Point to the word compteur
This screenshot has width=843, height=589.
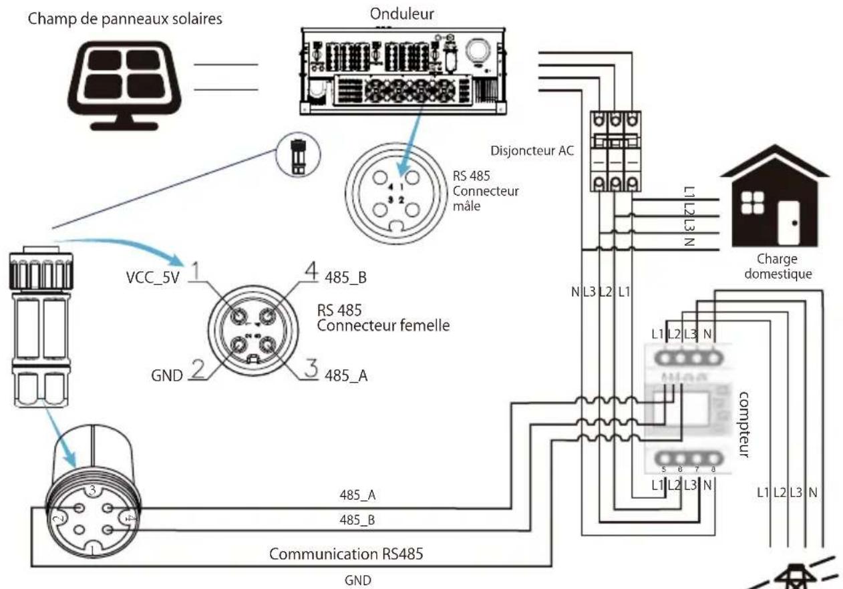pos(746,425)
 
